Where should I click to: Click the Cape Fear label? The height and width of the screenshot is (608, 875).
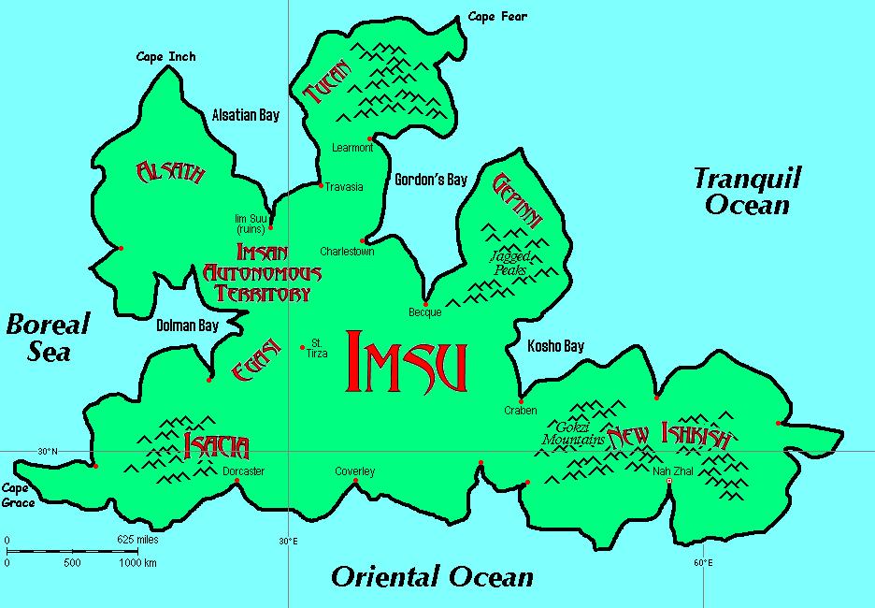coord(497,17)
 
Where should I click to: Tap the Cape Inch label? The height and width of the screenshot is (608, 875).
coord(166,57)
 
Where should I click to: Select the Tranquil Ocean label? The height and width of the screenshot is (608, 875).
coord(747,191)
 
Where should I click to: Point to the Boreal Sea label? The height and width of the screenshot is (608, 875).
coord(47,338)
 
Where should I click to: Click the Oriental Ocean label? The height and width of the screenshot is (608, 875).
coord(432,577)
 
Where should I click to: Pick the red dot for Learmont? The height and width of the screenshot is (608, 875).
coord(371,138)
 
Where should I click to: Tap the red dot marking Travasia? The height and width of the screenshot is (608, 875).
coord(321,185)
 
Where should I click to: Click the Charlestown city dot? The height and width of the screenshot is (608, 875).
coord(363,240)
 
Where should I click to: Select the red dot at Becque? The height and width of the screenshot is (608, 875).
coord(425,303)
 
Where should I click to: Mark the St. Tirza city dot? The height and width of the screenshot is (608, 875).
coord(302,348)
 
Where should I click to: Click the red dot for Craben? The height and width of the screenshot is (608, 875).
coord(521,400)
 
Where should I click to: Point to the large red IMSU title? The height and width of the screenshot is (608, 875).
coord(406,361)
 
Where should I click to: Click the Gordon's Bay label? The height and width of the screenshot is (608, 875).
coord(430,180)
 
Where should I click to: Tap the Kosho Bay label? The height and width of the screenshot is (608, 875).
coord(555,346)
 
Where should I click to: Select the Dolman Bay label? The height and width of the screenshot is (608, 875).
coord(187,326)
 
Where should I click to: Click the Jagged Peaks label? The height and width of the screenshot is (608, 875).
coord(510,263)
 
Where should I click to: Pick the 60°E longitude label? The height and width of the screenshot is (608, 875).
coord(703,563)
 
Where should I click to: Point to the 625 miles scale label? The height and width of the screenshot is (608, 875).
coord(137,540)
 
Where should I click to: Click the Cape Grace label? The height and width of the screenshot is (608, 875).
coord(18,496)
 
